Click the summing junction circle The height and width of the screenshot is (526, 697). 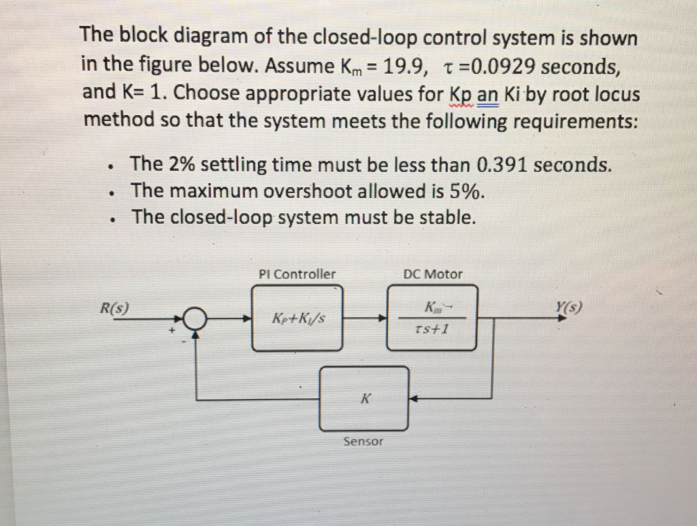[x=197, y=318]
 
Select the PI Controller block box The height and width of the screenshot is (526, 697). [x=298, y=318]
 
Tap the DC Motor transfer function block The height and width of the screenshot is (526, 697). [x=432, y=318]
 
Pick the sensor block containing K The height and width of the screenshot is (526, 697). [x=365, y=398]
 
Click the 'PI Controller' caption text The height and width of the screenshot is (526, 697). [x=297, y=274]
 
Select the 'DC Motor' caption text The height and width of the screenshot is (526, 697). [x=432, y=274]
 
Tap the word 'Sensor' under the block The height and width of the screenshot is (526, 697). [x=363, y=442]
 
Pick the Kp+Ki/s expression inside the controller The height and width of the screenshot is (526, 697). [x=297, y=318]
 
